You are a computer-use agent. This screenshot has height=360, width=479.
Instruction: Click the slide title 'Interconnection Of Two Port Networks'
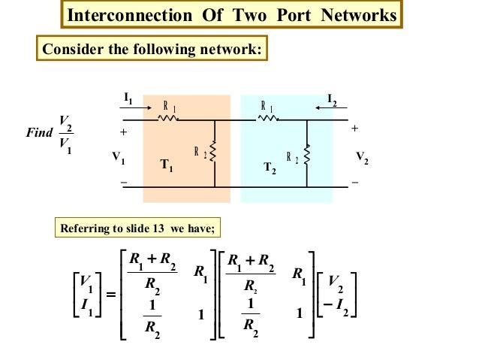[230, 16]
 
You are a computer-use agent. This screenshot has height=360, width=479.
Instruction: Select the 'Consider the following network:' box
[151, 50]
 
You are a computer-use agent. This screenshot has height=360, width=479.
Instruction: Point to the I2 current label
[333, 98]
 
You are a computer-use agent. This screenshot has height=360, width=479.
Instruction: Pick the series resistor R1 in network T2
[267, 118]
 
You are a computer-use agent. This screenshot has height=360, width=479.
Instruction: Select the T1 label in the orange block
[167, 168]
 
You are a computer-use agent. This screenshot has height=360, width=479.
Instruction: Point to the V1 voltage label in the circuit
[119, 159]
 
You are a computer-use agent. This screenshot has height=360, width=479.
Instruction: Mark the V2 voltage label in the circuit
[362, 159]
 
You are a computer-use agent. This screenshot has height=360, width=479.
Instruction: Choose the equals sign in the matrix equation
[111, 295]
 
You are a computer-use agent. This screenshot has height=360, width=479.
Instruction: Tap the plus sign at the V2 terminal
[355, 129]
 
